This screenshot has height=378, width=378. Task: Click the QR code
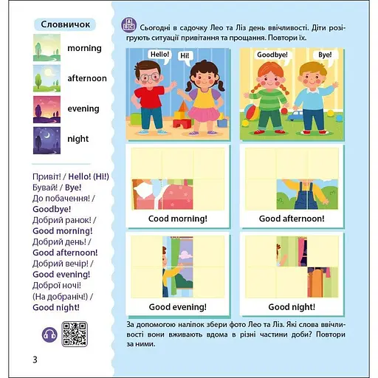75,334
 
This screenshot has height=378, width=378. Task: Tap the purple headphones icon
49,334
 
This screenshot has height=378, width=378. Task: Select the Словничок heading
65,24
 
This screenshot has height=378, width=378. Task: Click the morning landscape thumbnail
47,48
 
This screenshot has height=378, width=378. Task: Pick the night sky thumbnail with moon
47,140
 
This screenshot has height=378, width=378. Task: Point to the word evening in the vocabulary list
83,109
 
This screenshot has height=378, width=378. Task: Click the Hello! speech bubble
159,55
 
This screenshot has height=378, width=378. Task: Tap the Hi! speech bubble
185,56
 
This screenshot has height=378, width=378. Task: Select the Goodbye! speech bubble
272,55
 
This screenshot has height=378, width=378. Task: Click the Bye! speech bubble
325,55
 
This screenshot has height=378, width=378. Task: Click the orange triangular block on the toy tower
183,106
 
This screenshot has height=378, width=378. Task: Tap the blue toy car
295,115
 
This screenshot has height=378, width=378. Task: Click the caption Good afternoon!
292,219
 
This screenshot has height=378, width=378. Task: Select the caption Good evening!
178,307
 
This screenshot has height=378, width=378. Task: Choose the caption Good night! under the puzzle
292,307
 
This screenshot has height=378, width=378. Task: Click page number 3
35,360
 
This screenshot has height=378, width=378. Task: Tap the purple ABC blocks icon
129,25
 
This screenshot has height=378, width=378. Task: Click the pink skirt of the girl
204,114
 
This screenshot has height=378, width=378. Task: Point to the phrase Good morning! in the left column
63,231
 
